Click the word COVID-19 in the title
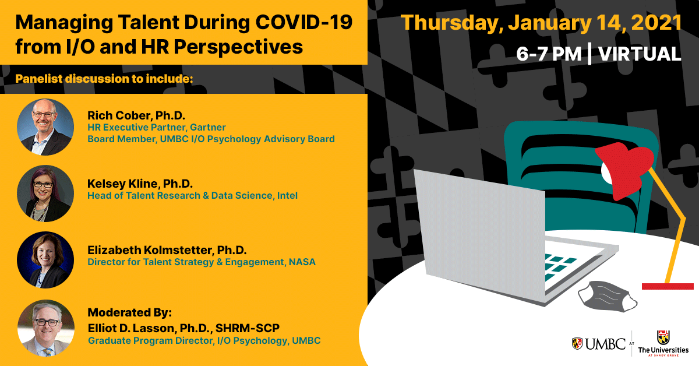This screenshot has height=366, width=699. click(x=304, y=23)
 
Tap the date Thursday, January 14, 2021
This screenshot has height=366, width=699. click(x=541, y=23)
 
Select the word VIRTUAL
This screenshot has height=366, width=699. click(x=640, y=54)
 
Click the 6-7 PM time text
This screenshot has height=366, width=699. click(x=549, y=54)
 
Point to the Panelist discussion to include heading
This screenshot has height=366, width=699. click(x=104, y=79)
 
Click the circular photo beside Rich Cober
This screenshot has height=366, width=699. click(x=45, y=127)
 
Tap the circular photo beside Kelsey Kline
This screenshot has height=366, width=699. click(x=45, y=193)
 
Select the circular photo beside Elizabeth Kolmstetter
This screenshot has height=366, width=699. click(x=45, y=260)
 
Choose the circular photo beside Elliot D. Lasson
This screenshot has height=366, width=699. click(x=46, y=328)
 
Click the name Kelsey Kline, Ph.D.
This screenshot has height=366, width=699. click(x=140, y=184)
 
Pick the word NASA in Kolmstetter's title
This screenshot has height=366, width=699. click(x=302, y=262)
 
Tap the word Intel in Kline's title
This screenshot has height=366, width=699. click(x=287, y=195)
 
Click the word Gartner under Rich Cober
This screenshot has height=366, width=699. click(x=207, y=128)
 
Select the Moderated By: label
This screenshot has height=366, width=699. click(x=129, y=312)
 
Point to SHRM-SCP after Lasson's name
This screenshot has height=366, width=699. click(x=247, y=328)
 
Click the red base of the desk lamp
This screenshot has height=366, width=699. click(x=668, y=286)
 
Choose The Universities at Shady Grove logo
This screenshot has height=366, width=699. click(x=663, y=344)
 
